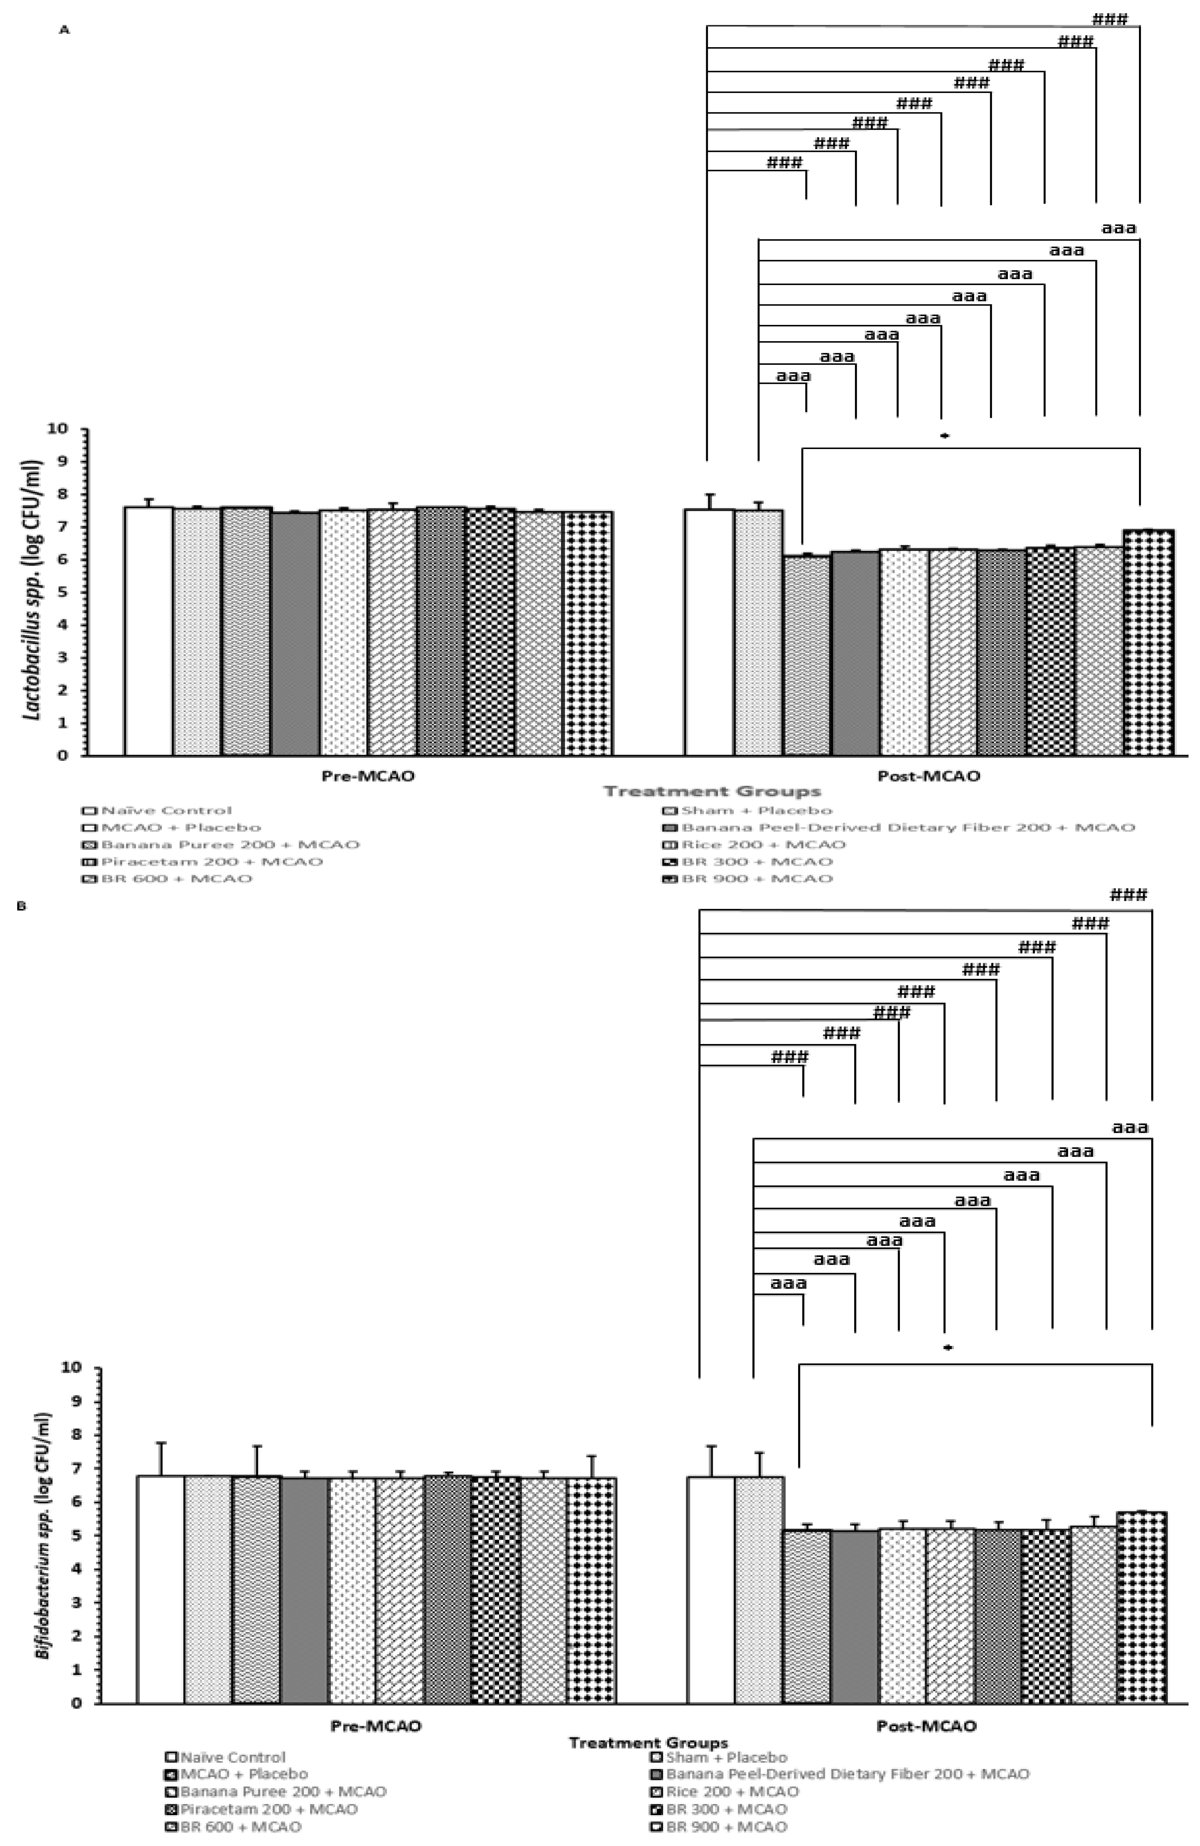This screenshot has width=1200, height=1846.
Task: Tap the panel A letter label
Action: (x=65, y=29)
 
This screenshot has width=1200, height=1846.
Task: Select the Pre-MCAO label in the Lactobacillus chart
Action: (x=368, y=776)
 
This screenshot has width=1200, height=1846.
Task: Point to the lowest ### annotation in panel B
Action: (x=790, y=1056)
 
